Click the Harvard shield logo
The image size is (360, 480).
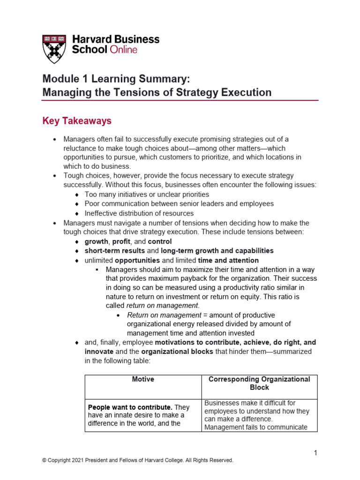(x=54, y=48)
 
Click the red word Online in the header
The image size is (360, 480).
(x=123, y=50)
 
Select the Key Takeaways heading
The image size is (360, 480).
(x=77, y=121)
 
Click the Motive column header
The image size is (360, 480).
(x=143, y=379)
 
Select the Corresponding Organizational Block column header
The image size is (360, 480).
(x=259, y=383)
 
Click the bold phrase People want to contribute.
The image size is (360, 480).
(x=124, y=407)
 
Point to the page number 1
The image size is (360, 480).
(x=316, y=453)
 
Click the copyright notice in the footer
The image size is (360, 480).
(x=137, y=461)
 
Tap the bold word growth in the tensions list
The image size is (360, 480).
(x=96, y=241)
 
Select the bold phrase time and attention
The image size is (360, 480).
(x=228, y=260)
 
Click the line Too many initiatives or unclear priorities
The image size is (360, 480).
(x=147, y=194)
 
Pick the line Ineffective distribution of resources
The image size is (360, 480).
(x=139, y=213)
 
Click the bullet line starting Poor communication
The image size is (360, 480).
(x=179, y=204)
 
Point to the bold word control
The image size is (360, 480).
(x=160, y=241)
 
